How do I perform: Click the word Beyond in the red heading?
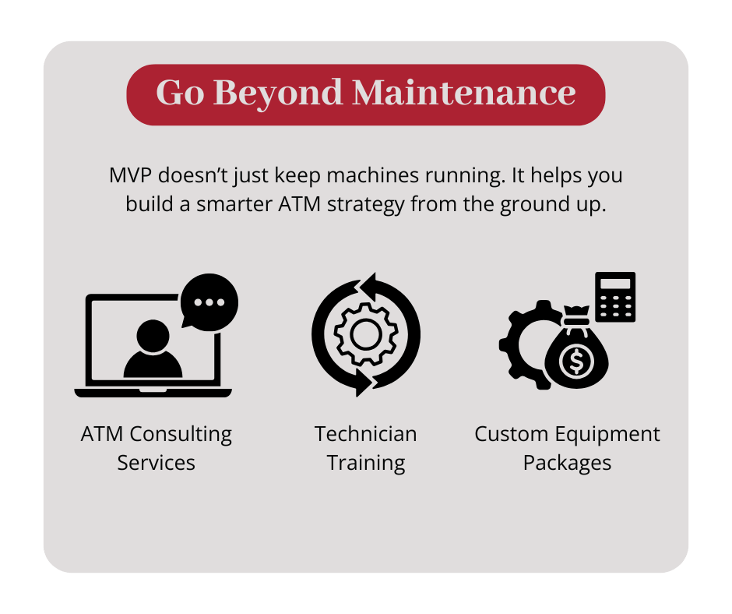pyautogui.click(x=277, y=94)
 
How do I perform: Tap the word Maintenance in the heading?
pyautogui.click(x=464, y=94)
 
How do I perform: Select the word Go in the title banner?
pyautogui.click(x=179, y=94)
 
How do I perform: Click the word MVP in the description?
pyautogui.click(x=128, y=175)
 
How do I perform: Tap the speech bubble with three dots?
pyautogui.click(x=208, y=302)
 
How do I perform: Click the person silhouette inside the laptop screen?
pyautogui.click(x=153, y=349)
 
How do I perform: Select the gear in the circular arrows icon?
pyautogui.click(x=365, y=333)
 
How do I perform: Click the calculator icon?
pyautogui.click(x=615, y=297)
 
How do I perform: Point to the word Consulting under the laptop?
pyautogui.click(x=181, y=433)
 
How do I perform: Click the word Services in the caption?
pyautogui.click(x=156, y=463)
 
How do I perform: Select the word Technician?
pyautogui.click(x=365, y=433)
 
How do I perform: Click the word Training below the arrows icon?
pyautogui.click(x=365, y=463)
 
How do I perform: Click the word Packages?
pyautogui.click(x=567, y=463)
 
